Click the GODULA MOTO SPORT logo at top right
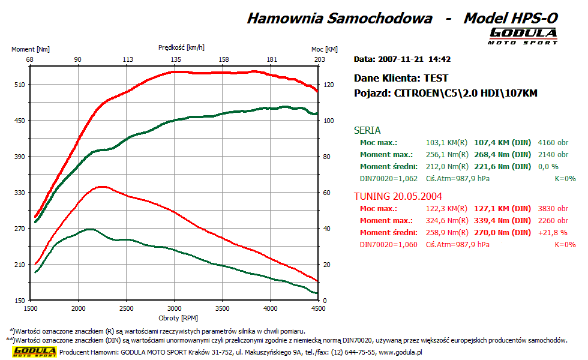[x=523, y=35]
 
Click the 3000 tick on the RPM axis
[x=174, y=308]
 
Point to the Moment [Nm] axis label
[x=31, y=49]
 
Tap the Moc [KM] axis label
[x=325, y=49]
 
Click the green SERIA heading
[x=367, y=130]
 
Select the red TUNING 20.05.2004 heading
[x=398, y=196]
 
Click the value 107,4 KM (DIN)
[x=502, y=143]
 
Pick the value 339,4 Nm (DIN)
[x=502, y=221]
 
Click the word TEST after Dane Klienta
[x=436, y=78]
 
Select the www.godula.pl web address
[x=400, y=352]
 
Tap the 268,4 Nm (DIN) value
[x=502, y=155]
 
